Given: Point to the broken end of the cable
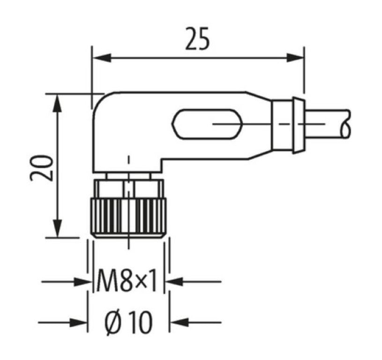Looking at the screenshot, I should (346, 124).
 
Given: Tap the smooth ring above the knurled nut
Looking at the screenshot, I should (127, 187).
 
